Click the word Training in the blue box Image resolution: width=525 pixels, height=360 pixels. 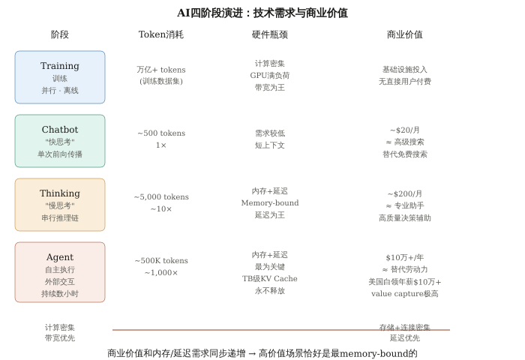60,66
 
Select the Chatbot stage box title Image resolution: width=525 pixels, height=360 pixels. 60,130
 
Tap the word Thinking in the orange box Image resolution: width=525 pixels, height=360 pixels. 60,193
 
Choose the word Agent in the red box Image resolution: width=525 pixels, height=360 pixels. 60,257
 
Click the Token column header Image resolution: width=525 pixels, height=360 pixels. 161,34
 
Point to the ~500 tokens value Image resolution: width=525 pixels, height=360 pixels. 161,133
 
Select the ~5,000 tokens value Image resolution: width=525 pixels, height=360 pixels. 161,196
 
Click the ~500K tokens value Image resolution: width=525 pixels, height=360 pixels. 161,260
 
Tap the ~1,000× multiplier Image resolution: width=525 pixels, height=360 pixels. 161,272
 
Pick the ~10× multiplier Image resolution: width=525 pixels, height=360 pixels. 161,208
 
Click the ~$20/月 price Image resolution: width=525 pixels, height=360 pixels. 405,130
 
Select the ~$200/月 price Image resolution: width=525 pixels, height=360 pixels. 405,193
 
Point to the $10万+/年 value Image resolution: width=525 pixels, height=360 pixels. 405,257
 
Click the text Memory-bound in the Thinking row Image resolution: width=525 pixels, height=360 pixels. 270,202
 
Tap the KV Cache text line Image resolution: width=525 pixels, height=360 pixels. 270,278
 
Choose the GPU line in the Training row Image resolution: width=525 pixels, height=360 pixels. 270,75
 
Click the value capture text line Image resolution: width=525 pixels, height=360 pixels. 405,293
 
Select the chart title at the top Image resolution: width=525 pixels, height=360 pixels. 262,13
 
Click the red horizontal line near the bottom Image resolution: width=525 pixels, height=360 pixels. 281,330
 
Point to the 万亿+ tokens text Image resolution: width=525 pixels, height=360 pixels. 161,69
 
